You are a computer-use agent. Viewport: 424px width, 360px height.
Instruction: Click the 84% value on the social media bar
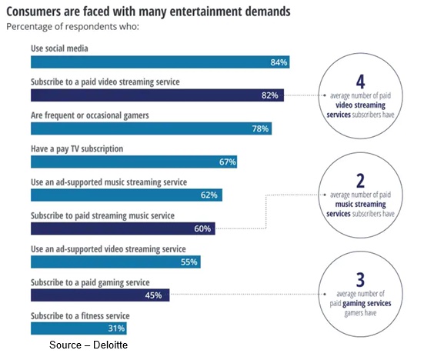click(x=279, y=62)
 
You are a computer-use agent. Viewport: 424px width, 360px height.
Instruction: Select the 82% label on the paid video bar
click(x=269, y=95)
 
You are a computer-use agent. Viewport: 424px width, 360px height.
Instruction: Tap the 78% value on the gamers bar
click(x=260, y=128)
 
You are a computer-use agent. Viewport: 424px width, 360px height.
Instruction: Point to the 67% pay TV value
click(x=228, y=162)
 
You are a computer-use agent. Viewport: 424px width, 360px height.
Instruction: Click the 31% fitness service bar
click(x=78, y=328)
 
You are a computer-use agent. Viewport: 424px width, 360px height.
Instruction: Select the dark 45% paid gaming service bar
click(x=100, y=295)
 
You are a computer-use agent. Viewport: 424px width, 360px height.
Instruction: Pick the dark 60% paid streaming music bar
click(x=123, y=228)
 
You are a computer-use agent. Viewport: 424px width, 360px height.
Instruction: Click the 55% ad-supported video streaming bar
click(x=115, y=262)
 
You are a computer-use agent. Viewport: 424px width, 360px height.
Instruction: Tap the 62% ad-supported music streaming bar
click(x=126, y=195)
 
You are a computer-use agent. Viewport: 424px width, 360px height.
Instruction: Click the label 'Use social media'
click(x=59, y=48)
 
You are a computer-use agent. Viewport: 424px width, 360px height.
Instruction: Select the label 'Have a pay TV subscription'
click(x=77, y=148)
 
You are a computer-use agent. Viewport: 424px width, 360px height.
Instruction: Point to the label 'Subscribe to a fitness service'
click(x=80, y=315)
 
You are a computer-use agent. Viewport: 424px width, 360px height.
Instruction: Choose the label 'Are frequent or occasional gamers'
click(x=90, y=115)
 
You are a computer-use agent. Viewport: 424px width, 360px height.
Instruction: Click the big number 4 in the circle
click(x=360, y=82)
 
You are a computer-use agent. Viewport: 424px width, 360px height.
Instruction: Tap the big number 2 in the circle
click(x=360, y=181)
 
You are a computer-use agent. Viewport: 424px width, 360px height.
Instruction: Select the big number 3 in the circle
click(x=360, y=279)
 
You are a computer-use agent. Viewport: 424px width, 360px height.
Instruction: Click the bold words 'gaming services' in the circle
click(x=367, y=304)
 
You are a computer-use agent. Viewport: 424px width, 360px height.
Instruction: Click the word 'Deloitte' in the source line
click(x=110, y=345)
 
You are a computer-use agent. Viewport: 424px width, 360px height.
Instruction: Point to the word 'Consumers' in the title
click(x=34, y=12)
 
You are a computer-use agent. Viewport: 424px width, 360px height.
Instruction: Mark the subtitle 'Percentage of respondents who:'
click(x=73, y=27)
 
